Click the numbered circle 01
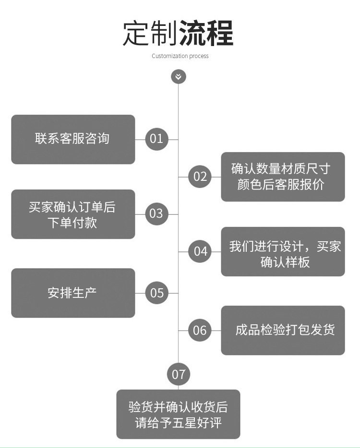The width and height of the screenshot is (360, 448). coord(156,139)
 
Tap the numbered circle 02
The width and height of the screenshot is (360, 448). coord(200,177)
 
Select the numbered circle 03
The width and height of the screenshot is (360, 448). coord(156,213)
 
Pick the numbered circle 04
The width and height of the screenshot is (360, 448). coord(200,251)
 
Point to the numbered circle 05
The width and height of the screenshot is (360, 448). coord(156,293)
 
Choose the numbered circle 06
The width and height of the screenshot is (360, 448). coord(200,330)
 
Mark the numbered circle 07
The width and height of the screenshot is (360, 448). coord(178,374)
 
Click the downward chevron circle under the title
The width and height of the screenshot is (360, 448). coord(178,76)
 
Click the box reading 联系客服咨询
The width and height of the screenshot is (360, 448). coord(73,139)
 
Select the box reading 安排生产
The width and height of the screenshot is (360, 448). coord(73,293)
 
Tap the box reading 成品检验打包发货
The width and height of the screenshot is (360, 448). coord(283,330)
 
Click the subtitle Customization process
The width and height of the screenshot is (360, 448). coord(180,56)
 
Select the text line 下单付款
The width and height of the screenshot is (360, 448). coord(72,222)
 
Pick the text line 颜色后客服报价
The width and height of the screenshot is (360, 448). coord(281,185)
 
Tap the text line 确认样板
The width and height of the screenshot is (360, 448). coord(285,261)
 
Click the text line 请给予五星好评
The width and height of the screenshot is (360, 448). coord(178,423)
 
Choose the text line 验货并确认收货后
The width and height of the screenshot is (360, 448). coord(178,407)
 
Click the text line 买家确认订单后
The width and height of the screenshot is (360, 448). coord(72,207)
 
